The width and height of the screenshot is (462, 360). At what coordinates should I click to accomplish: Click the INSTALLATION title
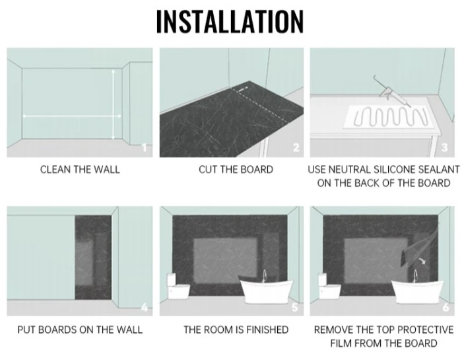pyautogui.click(x=230, y=22)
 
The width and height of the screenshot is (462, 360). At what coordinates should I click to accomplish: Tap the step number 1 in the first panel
pyautogui.click(x=145, y=147)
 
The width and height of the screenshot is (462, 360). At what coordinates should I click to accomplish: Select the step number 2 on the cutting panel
pyautogui.click(x=296, y=147)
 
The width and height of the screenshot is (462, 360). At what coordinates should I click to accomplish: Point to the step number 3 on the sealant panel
pyautogui.click(x=445, y=147)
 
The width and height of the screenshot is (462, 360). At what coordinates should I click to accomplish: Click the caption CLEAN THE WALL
pyautogui.click(x=80, y=170)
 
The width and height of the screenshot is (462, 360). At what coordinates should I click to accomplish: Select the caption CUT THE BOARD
pyautogui.click(x=236, y=170)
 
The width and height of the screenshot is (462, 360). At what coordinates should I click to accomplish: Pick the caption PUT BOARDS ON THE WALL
pyautogui.click(x=80, y=330)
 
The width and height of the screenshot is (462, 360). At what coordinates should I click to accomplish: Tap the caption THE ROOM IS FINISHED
pyautogui.click(x=236, y=330)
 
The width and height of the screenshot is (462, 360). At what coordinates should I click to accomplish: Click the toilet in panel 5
pyautogui.click(x=178, y=286)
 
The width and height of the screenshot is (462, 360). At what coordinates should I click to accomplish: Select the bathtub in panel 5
pyautogui.click(x=267, y=291)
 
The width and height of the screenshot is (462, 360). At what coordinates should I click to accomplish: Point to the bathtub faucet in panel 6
pyautogui.click(x=415, y=276)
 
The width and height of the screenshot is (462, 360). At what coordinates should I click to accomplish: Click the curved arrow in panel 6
pyautogui.click(x=422, y=261)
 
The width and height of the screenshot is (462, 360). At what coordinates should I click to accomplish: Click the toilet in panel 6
pyautogui.click(x=329, y=286)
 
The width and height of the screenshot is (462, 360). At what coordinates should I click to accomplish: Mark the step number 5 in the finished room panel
pyautogui.click(x=294, y=307)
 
